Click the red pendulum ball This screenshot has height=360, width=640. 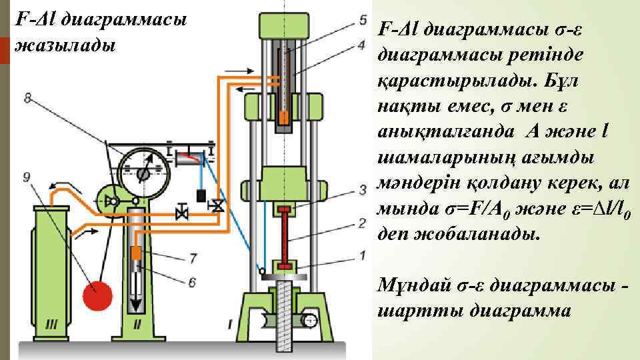(x=99, y=294)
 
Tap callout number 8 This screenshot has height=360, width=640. (x=27, y=99)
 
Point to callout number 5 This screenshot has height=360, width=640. (x=362, y=19)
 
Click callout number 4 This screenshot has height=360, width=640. (x=362, y=45)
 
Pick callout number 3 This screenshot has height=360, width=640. (x=362, y=189)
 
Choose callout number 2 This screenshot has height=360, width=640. (x=362, y=222)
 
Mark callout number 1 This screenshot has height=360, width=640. (x=362, y=254)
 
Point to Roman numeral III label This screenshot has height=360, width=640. (x=52, y=325)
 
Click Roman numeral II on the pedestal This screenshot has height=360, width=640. (x=137, y=325)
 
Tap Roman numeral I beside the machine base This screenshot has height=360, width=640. (x=230, y=324)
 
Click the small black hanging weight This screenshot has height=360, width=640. (x=199, y=196)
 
